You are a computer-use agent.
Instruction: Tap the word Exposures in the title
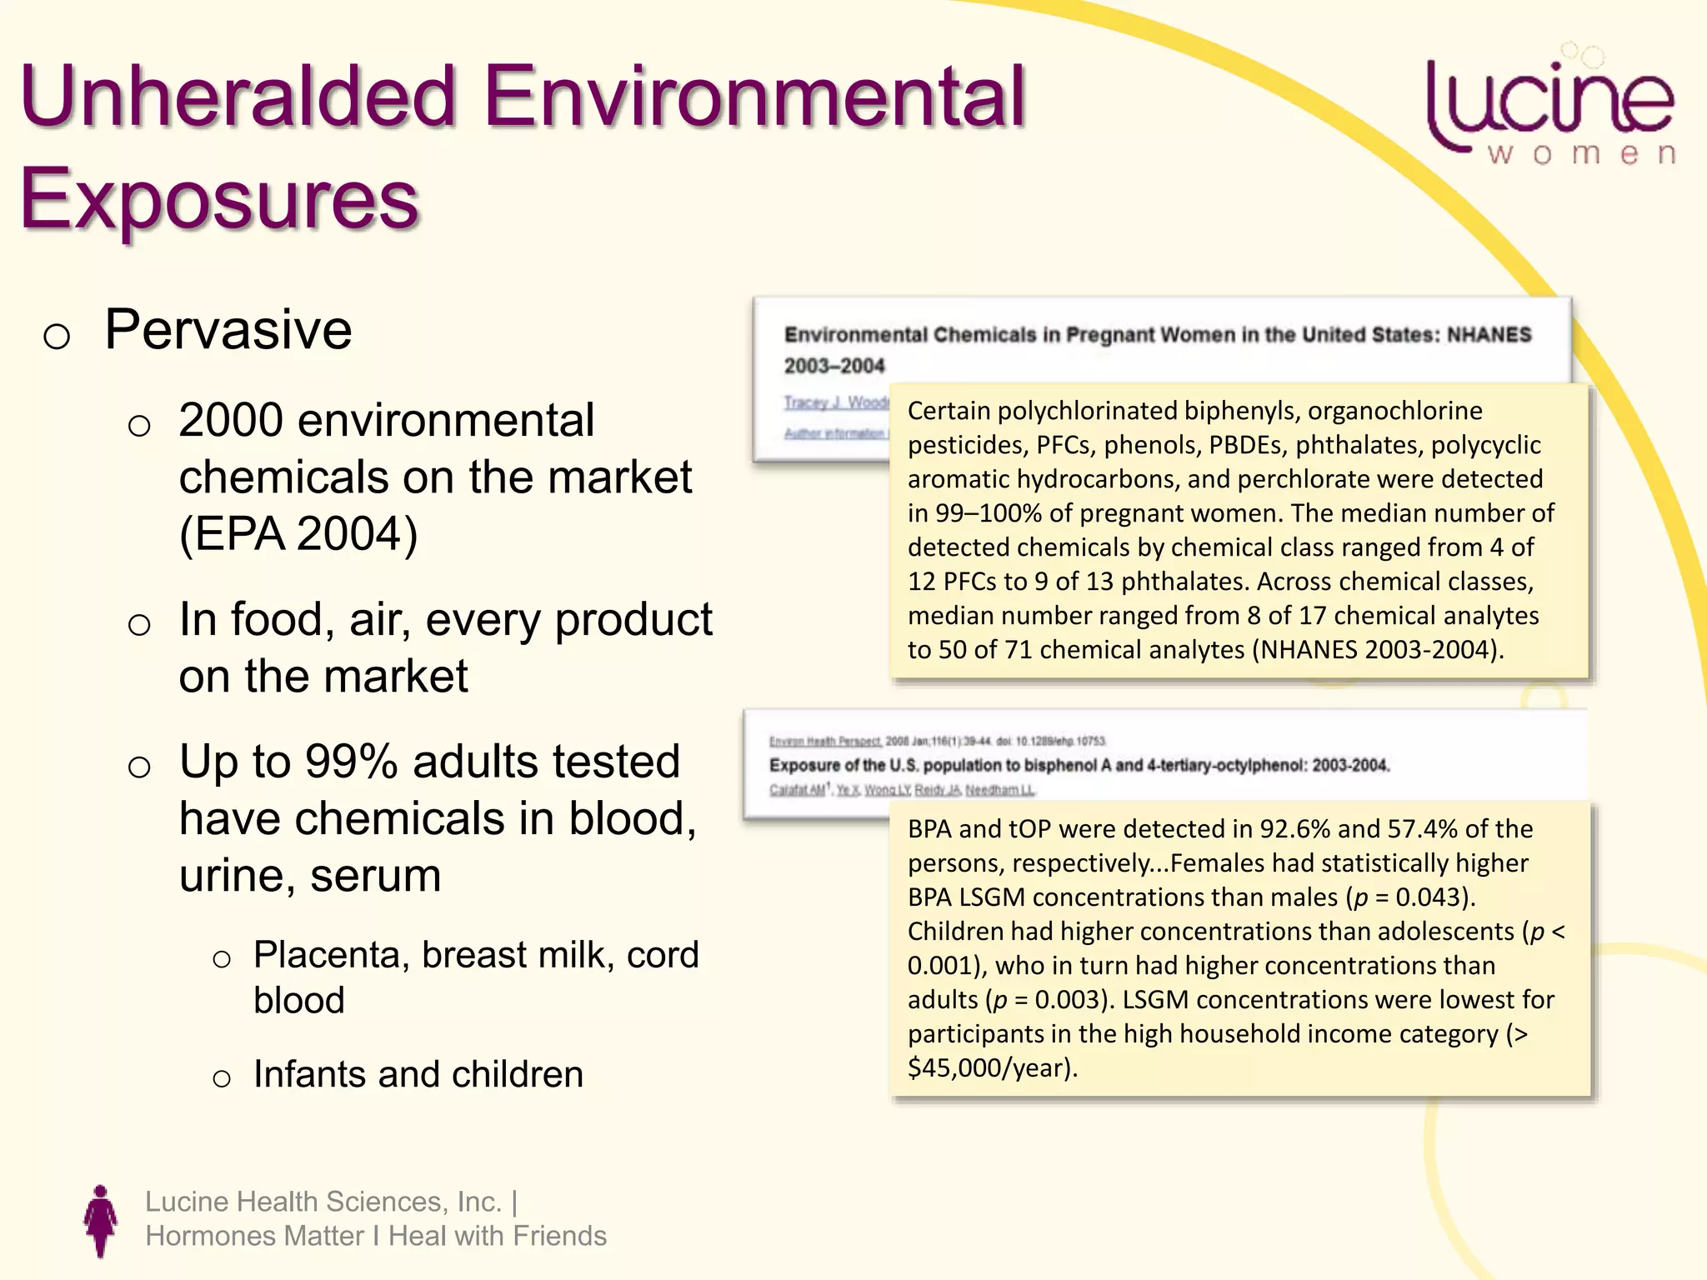pyautogui.click(x=218, y=198)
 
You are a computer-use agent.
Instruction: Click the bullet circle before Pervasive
pyautogui.click(x=56, y=336)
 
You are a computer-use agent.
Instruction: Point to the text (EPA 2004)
pyautogui.click(x=298, y=533)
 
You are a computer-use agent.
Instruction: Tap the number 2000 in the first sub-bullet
pyautogui.click(x=230, y=420)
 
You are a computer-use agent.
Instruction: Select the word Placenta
pyautogui.click(x=331, y=955)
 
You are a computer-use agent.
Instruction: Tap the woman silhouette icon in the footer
pyautogui.click(x=100, y=1221)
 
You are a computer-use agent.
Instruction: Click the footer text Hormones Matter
pyautogui.click(x=254, y=1236)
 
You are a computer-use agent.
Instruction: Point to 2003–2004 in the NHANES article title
pyautogui.click(x=833, y=366)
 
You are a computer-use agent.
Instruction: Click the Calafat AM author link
pyautogui.click(x=797, y=790)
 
